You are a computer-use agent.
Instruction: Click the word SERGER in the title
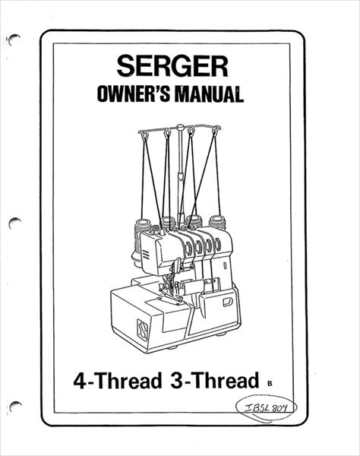pyautogui.click(x=172, y=66)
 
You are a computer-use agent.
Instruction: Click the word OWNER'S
pyautogui.click(x=133, y=94)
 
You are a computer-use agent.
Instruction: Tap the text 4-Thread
pyautogui.click(x=118, y=380)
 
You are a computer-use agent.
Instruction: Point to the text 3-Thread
pyautogui.click(x=215, y=380)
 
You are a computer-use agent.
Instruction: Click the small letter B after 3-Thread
pyautogui.click(x=270, y=383)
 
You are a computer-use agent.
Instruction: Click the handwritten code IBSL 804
pyautogui.click(x=265, y=409)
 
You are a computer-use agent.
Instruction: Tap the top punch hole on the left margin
pyautogui.click(x=14, y=40)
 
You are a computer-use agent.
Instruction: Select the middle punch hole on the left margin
pyautogui.click(x=14, y=223)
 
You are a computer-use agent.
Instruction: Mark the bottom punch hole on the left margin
pyautogui.click(x=15, y=405)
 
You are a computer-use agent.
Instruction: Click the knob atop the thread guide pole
pyautogui.click(x=180, y=127)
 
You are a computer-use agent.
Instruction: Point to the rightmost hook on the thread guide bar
pyautogui.click(x=215, y=129)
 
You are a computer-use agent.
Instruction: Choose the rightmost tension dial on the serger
pyautogui.click(x=217, y=245)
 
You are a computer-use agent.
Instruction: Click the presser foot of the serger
pyautogui.click(x=172, y=295)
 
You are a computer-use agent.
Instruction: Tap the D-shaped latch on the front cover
pyautogui.click(x=228, y=302)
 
